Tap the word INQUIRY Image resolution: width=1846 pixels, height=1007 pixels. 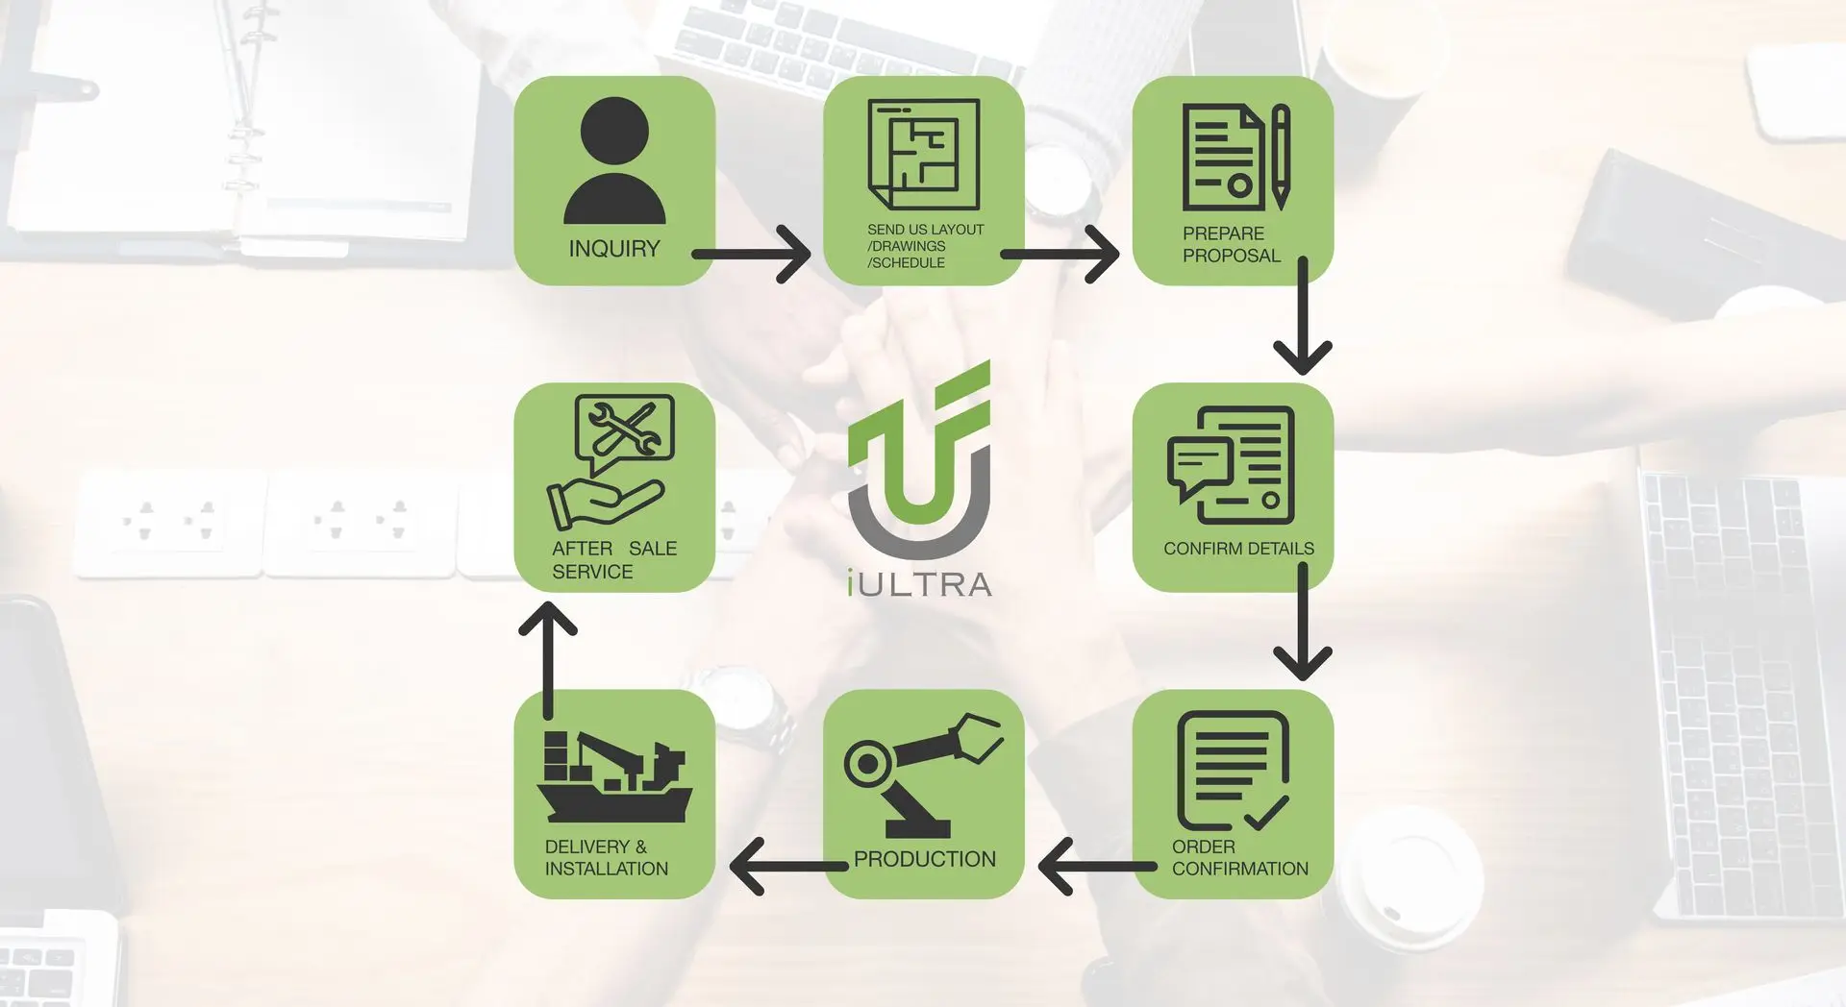coord(614,249)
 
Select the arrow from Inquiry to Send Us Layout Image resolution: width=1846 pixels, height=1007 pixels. coord(752,255)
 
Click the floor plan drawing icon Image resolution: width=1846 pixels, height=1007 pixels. coord(924,154)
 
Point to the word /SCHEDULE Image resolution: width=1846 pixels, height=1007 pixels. coord(906,263)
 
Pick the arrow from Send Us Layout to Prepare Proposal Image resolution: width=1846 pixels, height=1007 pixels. coord(1060,255)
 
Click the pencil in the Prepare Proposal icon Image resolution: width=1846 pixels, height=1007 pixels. coord(1281,158)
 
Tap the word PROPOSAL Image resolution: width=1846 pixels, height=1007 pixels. coord(1232,256)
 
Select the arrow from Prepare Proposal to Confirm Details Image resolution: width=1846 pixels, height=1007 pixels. coord(1303,316)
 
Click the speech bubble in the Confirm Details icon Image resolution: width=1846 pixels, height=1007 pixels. coord(1199,466)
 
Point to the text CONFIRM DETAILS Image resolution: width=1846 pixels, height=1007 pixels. coord(1238,549)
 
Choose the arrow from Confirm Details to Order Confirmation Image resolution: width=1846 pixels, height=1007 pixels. coord(1303,623)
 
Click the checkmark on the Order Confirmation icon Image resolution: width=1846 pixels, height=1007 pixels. coord(1266,813)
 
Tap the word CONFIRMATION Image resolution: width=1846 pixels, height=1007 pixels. coord(1240,869)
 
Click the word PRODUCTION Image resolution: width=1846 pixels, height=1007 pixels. coord(925,859)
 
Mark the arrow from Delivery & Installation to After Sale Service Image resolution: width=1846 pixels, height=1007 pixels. coord(548,660)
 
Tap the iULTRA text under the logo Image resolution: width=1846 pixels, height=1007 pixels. coord(920,584)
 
